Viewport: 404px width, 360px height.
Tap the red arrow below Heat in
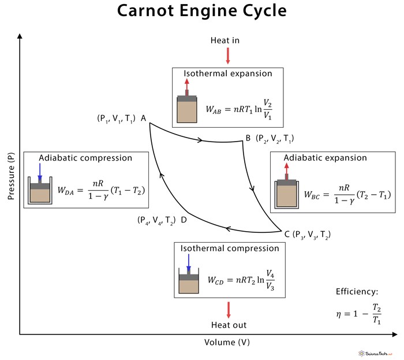228,55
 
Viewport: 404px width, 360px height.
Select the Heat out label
229,325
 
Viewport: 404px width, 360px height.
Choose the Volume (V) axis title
227,342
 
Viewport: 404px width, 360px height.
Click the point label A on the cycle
143,118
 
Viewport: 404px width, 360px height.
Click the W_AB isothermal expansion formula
239,109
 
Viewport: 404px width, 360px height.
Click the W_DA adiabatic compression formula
100,190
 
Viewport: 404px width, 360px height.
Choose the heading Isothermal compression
230,248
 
